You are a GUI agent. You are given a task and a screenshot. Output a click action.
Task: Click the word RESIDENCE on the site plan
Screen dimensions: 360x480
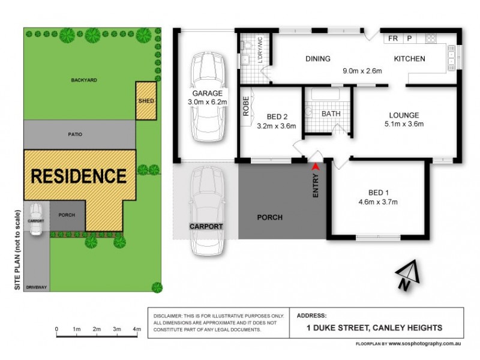coord(79,176)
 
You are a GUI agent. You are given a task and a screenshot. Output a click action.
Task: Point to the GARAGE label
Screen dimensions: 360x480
coord(207,94)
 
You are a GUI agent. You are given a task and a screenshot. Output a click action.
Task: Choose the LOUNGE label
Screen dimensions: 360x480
coord(403,115)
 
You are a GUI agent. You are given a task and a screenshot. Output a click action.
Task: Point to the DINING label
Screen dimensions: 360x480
coord(318,59)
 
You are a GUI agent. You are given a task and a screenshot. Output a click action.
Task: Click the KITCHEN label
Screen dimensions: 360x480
coord(409,59)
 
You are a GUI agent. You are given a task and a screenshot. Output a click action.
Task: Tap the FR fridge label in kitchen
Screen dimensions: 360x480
coord(393,38)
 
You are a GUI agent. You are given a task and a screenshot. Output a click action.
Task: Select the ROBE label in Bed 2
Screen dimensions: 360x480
coord(246,106)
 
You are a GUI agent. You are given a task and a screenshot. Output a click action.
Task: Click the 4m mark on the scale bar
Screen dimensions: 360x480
coord(137,329)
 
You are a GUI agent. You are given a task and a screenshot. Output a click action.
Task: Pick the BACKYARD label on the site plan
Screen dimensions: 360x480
coord(83,80)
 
